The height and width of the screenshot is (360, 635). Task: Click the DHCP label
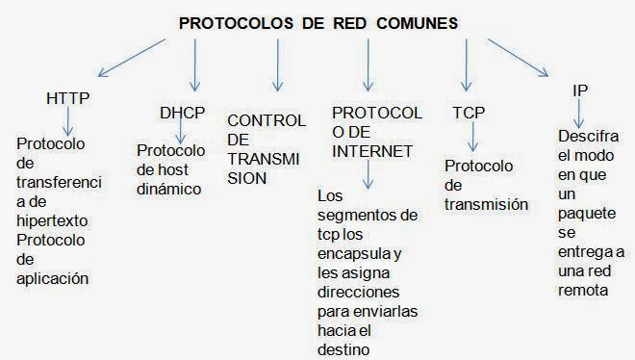pyautogui.click(x=182, y=113)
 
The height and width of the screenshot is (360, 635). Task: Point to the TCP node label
pyautogui.click(x=469, y=113)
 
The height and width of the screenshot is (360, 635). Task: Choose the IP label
pyautogui.click(x=579, y=90)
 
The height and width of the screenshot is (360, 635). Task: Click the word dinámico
pyautogui.click(x=168, y=189)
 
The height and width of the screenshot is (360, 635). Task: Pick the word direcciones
pyautogui.click(x=360, y=291)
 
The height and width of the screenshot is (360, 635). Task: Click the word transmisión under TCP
pyautogui.click(x=487, y=204)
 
